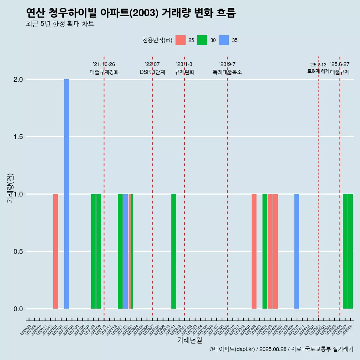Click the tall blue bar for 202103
66,193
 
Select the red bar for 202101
55,251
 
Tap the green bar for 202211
174,251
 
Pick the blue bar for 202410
297,251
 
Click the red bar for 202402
254,251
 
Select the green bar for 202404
265,251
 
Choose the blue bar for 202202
125,251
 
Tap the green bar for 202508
350,251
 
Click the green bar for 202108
93,251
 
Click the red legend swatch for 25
180,40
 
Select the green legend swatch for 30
202,40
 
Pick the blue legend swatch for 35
224,40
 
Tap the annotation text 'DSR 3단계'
152,72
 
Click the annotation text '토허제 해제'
318,71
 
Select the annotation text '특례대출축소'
227,72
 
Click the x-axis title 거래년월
189,340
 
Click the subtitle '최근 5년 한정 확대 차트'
60,24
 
